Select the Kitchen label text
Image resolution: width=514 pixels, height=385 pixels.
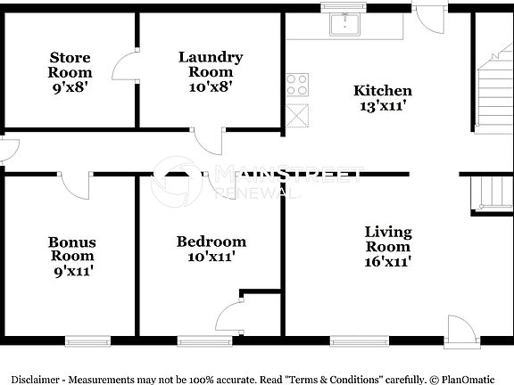point(383,90)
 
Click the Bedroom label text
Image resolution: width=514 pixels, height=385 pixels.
point(211,242)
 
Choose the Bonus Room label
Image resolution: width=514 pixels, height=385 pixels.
point(72,249)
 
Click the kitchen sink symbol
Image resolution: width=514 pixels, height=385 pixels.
point(344,24)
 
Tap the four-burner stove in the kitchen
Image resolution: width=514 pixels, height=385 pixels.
point(297,85)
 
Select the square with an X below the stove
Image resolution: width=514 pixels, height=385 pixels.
point(297,115)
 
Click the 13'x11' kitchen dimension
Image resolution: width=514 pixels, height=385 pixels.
point(383,105)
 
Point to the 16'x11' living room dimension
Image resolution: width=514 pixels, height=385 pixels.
point(388,262)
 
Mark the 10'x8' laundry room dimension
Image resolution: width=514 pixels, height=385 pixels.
point(211,87)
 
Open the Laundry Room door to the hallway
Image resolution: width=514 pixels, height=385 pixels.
point(209,141)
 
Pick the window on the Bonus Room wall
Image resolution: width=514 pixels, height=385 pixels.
point(87,340)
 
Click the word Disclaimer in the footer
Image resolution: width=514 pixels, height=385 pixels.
point(35,377)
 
